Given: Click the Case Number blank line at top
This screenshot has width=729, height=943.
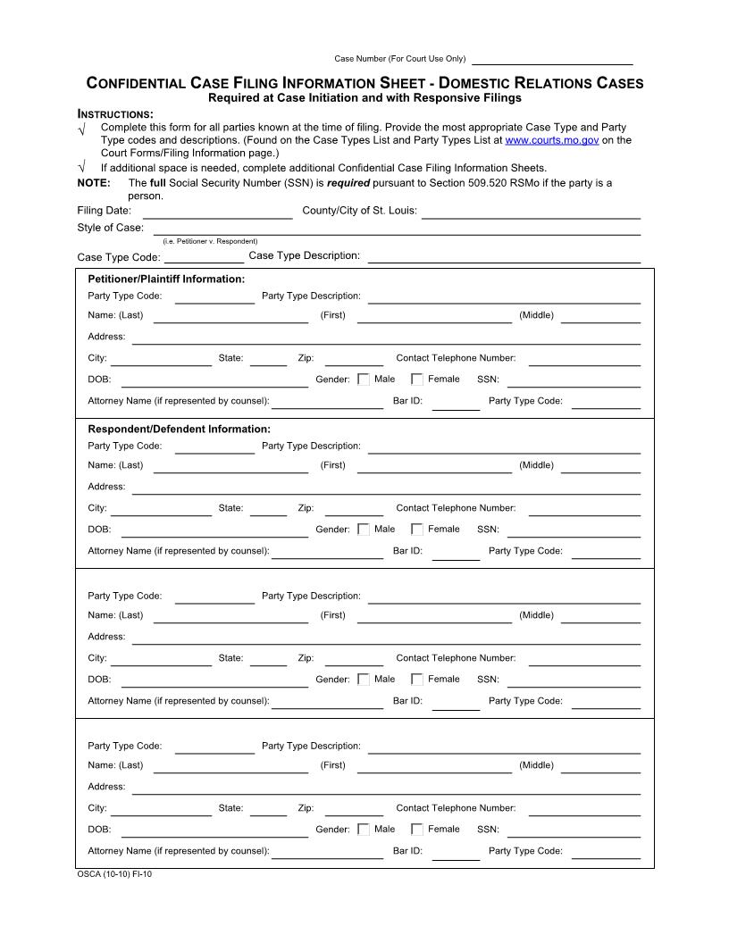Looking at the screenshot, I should (551, 61).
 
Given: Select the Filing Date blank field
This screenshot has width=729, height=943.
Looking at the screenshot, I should (217, 213).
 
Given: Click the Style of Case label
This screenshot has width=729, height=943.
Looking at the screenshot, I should (111, 228).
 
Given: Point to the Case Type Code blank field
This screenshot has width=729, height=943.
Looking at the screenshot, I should (204, 257).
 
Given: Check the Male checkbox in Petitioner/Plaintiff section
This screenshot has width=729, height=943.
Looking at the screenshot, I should (364, 380).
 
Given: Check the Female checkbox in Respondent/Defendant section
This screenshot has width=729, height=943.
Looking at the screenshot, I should (417, 530).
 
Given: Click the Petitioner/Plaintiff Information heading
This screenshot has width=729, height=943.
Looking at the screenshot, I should (166, 279).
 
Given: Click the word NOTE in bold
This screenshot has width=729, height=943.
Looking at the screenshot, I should (94, 183).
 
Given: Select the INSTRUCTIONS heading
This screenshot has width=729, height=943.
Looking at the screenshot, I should (116, 114).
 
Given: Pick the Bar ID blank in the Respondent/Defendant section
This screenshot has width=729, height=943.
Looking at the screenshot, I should (456, 553).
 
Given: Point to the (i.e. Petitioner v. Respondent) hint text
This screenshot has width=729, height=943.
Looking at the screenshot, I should (210, 241).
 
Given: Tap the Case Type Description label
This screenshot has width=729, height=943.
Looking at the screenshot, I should (304, 256).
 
